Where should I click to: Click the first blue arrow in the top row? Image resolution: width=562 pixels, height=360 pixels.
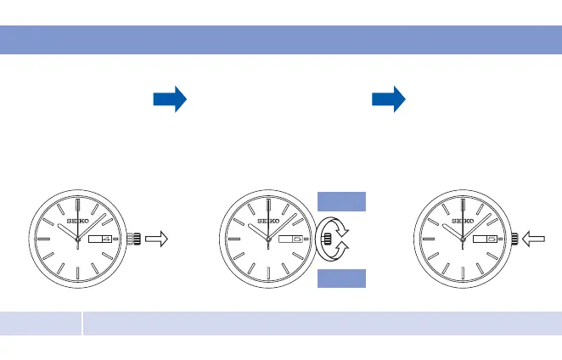(169, 100)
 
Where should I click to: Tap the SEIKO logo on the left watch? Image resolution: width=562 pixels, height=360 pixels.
(77, 222)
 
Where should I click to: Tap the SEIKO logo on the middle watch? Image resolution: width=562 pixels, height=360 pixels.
(268, 222)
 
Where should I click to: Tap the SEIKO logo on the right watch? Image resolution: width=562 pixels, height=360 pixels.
(462, 222)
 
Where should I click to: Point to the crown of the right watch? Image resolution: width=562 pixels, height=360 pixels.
(516, 240)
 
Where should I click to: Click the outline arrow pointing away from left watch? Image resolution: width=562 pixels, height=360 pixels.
(155, 240)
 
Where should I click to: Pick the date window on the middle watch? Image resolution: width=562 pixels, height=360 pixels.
(290, 240)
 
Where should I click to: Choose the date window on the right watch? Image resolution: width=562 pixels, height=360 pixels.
(484, 240)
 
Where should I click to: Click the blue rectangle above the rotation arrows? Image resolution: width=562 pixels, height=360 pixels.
(341, 201)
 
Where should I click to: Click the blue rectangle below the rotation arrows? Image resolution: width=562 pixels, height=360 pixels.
(341, 279)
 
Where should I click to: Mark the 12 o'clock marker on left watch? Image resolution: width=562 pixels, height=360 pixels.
(77, 206)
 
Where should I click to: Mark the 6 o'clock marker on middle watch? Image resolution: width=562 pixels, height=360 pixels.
(268, 275)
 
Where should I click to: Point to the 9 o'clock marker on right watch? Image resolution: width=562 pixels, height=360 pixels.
(428, 240)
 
